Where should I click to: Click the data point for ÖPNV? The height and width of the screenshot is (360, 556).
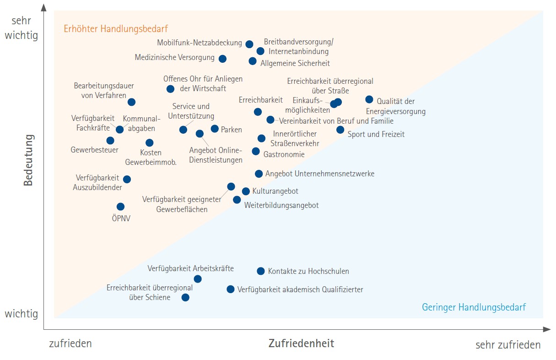point(120,207)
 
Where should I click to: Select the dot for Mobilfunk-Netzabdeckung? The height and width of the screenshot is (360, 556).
point(249,44)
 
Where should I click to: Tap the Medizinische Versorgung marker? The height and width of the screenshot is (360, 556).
point(222,59)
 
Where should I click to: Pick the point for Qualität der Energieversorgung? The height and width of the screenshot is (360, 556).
point(369,99)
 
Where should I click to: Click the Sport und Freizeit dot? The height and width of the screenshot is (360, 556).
point(340,130)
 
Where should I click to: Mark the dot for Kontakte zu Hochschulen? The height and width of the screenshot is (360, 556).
point(261,271)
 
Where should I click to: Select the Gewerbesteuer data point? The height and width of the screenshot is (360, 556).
point(110,141)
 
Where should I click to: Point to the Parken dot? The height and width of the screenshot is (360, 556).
point(215,129)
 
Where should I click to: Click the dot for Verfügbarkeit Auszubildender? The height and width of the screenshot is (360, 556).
point(127,179)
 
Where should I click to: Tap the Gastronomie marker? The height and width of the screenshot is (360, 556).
point(256,151)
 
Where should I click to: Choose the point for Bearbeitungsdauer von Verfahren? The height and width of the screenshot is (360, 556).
point(131,102)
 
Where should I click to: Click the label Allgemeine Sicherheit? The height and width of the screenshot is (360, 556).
point(295,63)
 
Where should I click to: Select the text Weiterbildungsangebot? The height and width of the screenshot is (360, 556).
point(281,205)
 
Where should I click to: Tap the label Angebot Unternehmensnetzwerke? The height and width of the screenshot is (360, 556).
point(320,174)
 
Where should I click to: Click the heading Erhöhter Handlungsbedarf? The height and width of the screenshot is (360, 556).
point(115,29)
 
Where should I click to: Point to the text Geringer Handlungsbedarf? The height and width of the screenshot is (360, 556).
point(474,307)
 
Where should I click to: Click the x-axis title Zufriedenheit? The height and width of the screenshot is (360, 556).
point(301,343)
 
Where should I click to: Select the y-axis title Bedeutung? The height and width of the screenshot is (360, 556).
point(28,160)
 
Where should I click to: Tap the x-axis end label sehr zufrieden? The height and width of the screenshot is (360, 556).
point(508,345)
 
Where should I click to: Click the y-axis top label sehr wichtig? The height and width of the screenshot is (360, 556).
point(21,27)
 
